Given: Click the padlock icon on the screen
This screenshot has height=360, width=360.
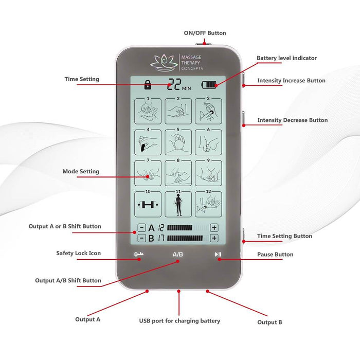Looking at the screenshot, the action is (x=148, y=84).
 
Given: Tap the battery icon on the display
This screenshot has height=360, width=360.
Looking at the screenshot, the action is (x=209, y=85).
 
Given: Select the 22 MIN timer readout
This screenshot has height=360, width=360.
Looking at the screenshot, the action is (x=179, y=84).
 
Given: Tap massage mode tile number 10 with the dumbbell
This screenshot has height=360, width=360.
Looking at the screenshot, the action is (x=148, y=204).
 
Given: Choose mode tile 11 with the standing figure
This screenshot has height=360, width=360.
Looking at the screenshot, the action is (x=178, y=204).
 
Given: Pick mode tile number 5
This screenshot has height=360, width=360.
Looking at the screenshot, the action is (x=178, y=142).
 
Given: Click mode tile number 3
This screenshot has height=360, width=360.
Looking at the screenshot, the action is (x=208, y=111).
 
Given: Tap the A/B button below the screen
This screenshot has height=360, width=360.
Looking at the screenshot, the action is (x=178, y=255).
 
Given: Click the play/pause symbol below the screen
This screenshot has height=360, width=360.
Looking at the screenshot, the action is (x=218, y=255).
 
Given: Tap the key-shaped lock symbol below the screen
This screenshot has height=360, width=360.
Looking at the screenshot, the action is (x=139, y=254).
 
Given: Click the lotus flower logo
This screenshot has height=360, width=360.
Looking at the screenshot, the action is (x=164, y=62).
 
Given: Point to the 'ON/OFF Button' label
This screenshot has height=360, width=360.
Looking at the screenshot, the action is (x=205, y=33).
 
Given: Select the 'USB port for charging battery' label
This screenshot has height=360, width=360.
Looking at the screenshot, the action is (x=179, y=321).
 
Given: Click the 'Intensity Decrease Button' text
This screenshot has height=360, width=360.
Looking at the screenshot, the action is (x=293, y=120).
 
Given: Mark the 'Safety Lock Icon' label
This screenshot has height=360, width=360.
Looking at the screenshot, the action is (x=79, y=253).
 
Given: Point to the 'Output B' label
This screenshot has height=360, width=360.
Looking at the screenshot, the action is (x=269, y=322).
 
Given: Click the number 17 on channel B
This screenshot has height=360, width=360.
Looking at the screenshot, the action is (x=161, y=238).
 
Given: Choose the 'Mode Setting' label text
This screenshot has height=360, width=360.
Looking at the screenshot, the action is (x=81, y=171).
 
